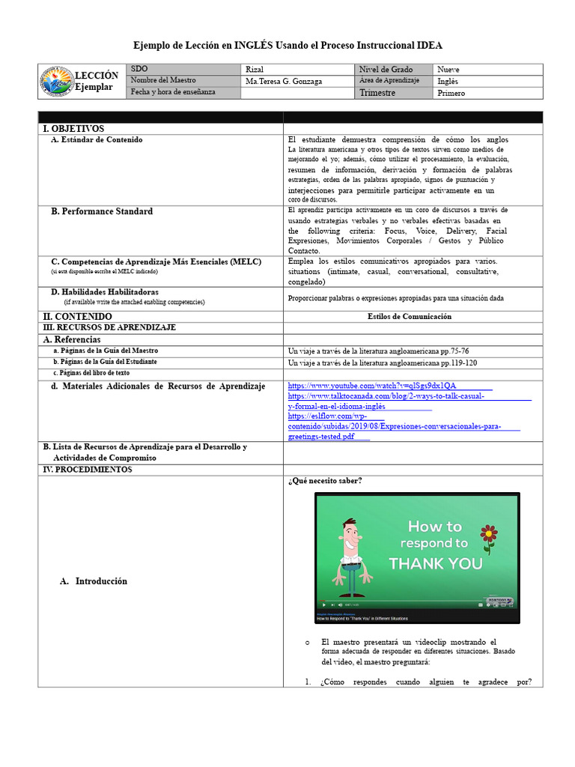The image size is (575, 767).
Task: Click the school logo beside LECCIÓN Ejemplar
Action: point(57,82)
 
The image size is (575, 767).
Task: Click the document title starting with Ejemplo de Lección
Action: point(287,45)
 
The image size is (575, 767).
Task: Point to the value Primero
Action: point(451,93)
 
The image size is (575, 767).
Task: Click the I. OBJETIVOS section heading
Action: point(74,129)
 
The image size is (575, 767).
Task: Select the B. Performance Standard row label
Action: point(102,212)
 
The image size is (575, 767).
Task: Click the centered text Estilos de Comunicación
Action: point(410,317)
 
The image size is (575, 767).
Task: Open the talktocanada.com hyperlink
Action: point(385,395)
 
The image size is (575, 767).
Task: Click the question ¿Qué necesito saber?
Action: point(325,481)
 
